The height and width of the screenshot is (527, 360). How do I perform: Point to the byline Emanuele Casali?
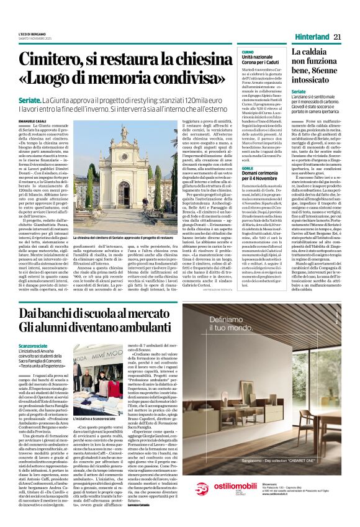pos(34,120)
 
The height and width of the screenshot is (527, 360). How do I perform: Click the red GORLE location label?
pos(247,168)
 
